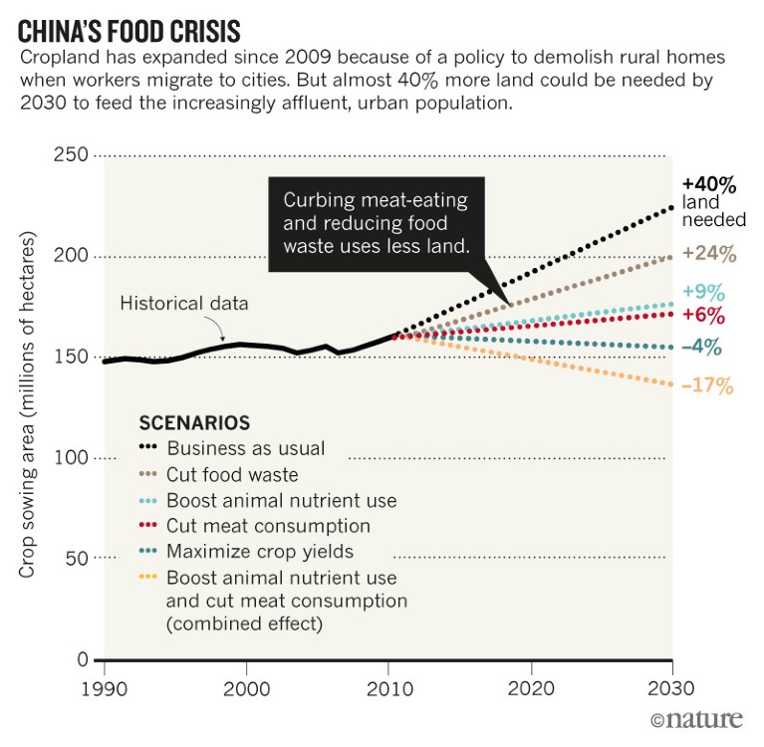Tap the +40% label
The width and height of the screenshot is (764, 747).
pos(708,184)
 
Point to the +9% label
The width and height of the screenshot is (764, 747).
pos(703,293)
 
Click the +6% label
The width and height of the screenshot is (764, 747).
pos(703,317)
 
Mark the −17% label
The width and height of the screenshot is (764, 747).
pos(706,384)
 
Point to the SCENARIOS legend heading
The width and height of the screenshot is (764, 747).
pos(194,421)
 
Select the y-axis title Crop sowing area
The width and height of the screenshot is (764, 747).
pos(27,405)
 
